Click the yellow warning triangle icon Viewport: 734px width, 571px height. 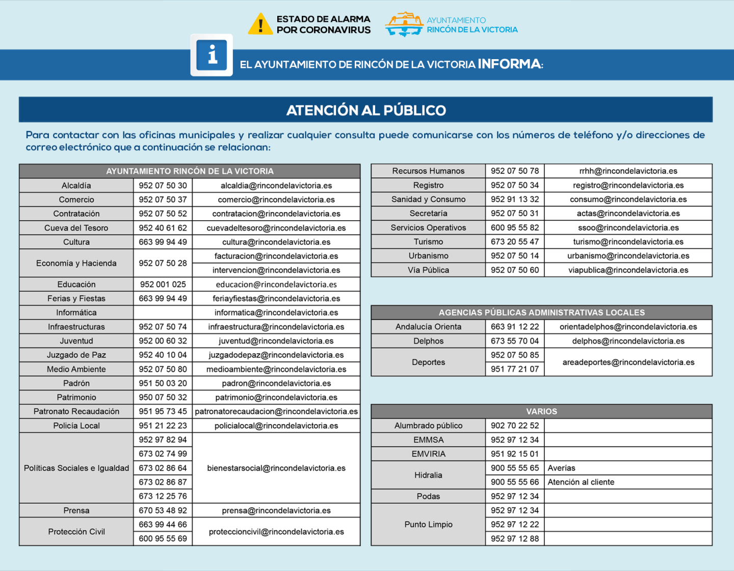click(x=260, y=24)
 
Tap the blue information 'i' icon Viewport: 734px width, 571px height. click(x=212, y=55)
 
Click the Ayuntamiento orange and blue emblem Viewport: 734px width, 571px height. click(x=404, y=24)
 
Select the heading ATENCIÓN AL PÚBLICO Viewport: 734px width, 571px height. click(x=366, y=110)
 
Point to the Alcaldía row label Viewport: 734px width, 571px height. click(x=76, y=186)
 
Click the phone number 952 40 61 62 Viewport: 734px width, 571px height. click(x=163, y=228)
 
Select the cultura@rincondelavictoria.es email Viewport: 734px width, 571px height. click(x=276, y=242)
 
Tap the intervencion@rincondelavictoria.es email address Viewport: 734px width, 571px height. click(x=276, y=270)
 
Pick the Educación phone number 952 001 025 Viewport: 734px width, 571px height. click(x=163, y=284)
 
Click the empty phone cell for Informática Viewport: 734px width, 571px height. click(x=163, y=313)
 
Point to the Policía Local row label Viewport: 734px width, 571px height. click(x=76, y=426)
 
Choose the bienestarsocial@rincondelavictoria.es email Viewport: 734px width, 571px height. click(x=276, y=468)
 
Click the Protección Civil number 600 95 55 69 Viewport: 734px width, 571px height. click(x=163, y=538)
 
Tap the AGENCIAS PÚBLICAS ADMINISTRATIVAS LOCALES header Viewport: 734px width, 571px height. click(x=541, y=313)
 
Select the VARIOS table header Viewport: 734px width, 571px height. click(x=541, y=411)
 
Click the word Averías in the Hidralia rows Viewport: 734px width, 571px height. click(x=561, y=468)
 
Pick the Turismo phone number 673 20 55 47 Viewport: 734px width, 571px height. click(x=515, y=242)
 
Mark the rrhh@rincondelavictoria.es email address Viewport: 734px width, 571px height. click(x=628, y=171)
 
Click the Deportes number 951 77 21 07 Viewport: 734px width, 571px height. click(x=515, y=369)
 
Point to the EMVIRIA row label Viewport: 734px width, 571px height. click(x=428, y=454)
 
